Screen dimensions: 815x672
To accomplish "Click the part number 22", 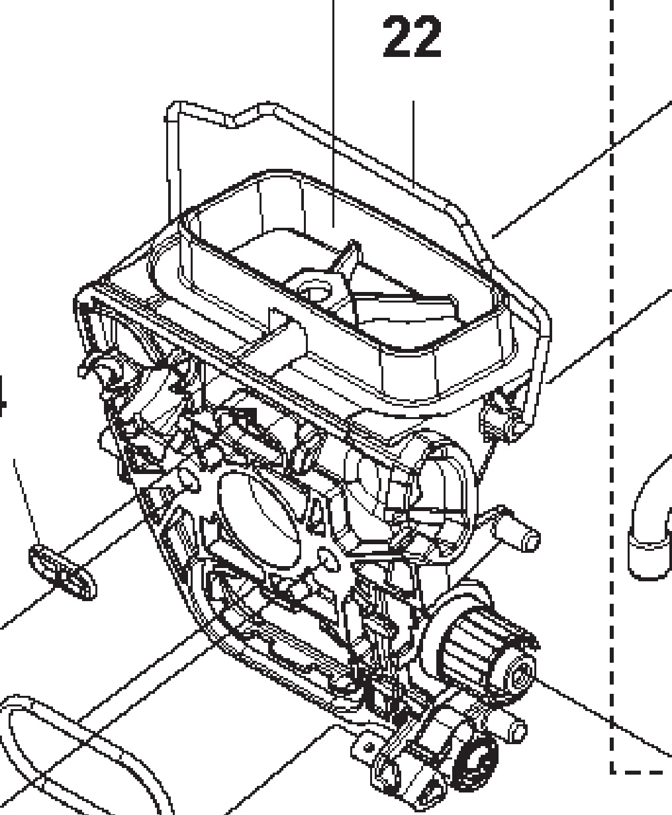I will (x=411, y=38).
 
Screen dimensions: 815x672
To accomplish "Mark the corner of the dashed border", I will (x=612, y=771).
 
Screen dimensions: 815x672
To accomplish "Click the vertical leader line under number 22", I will (x=414, y=139).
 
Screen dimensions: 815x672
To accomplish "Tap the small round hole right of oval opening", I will (x=325, y=560).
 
